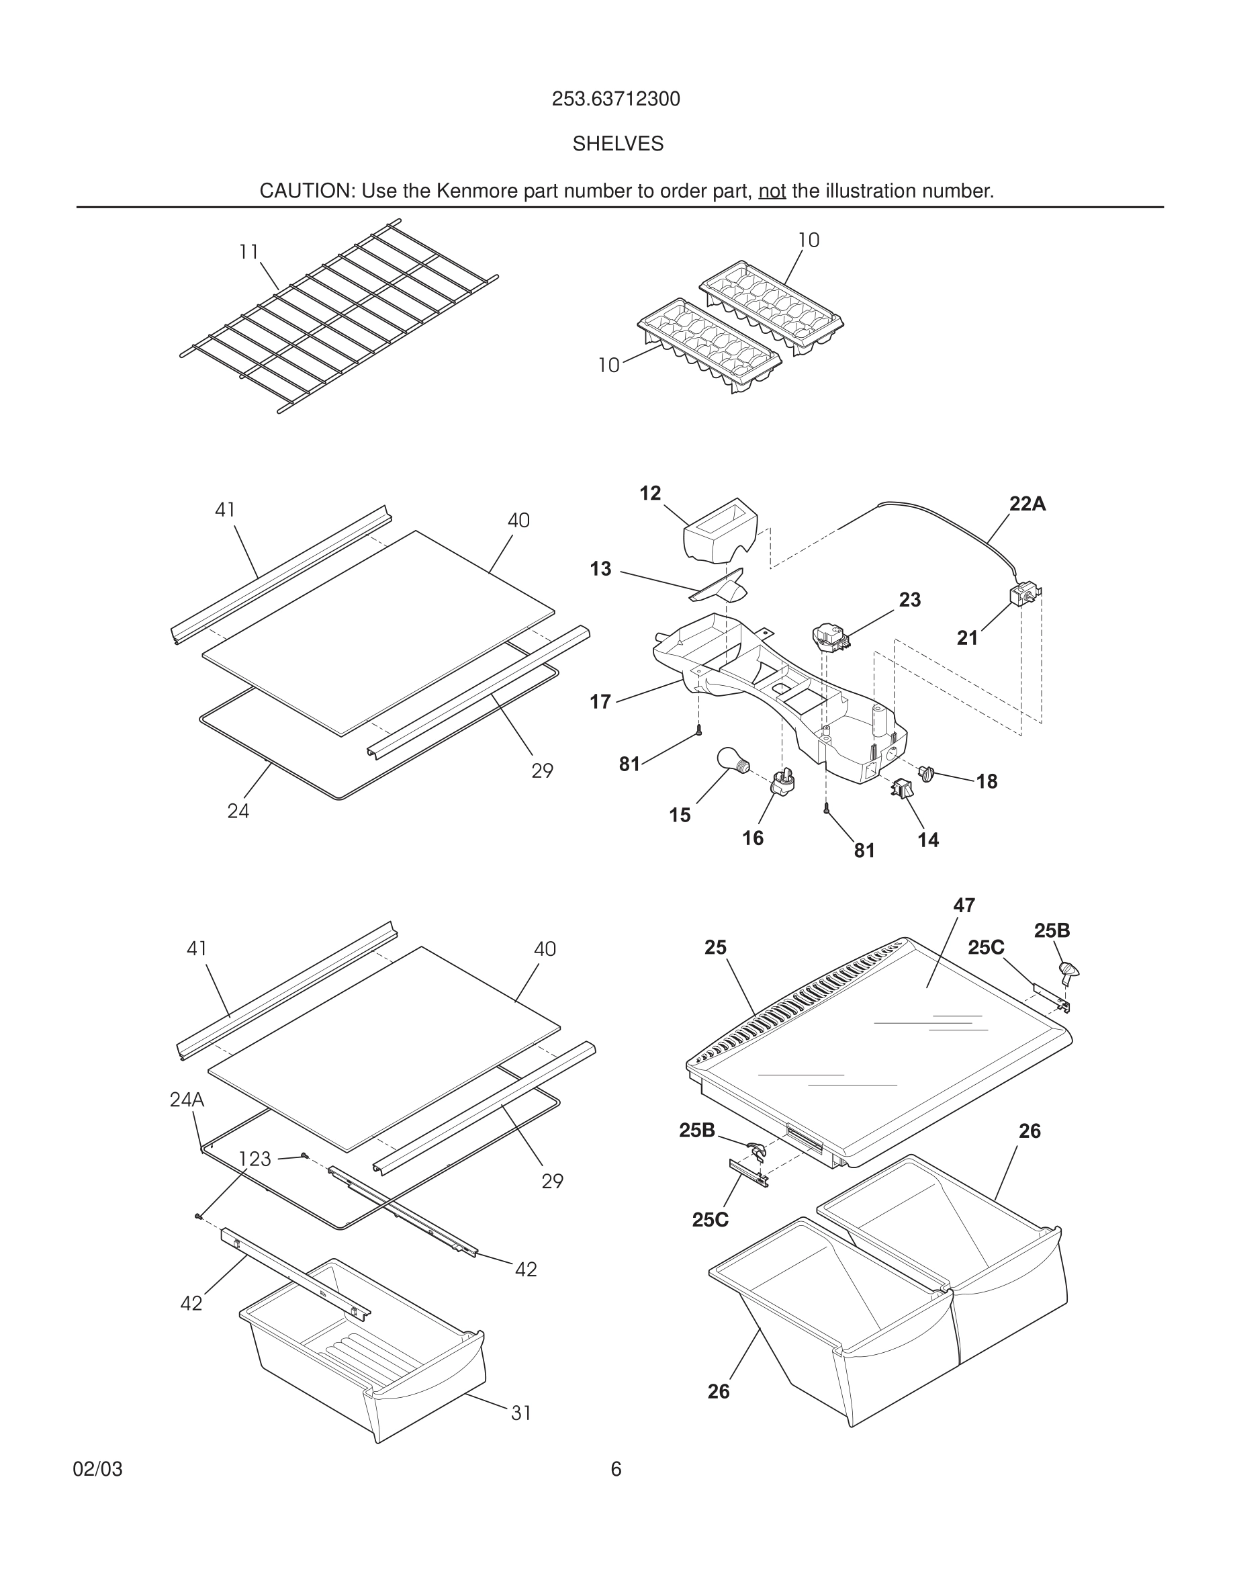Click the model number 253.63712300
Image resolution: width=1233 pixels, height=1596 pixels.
point(616,99)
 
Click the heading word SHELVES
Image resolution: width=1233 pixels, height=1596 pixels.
point(617,144)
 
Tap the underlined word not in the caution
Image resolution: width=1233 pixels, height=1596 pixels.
point(772,191)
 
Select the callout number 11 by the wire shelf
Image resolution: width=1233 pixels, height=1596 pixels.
point(249,252)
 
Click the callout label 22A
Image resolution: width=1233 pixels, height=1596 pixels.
point(1027,504)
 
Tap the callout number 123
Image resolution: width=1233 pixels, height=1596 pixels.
point(255,1159)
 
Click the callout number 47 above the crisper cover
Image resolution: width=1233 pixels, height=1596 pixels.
point(964,905)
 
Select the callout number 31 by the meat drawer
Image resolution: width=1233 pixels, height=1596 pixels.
point(521,1413)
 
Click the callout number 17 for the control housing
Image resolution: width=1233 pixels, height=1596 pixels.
point(600,702)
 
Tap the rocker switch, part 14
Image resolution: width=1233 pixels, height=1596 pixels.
point(902,789)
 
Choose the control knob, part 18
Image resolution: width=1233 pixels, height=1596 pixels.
point(927,772)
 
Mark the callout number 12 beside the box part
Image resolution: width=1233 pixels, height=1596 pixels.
point(650,493)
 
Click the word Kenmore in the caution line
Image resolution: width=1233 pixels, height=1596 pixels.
point(467,191)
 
